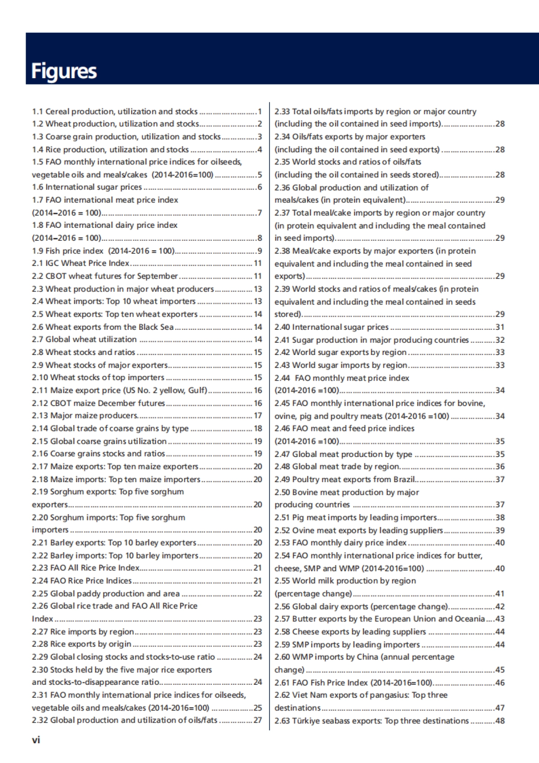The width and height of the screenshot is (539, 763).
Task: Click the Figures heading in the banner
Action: tap(64, 71)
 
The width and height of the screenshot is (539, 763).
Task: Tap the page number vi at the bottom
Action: tap(36, 740)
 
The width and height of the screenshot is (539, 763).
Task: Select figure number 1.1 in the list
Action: tap(37, 111)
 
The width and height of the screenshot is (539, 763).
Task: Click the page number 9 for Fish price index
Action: tap(259, 251)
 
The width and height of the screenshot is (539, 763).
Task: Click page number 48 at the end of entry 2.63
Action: tap(499, 721)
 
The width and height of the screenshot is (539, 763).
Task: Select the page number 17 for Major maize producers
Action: tap(257, 416)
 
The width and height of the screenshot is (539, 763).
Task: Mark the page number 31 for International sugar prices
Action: tap(499, 327)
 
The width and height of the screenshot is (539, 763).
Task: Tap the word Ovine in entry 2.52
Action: tap(304, 530)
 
